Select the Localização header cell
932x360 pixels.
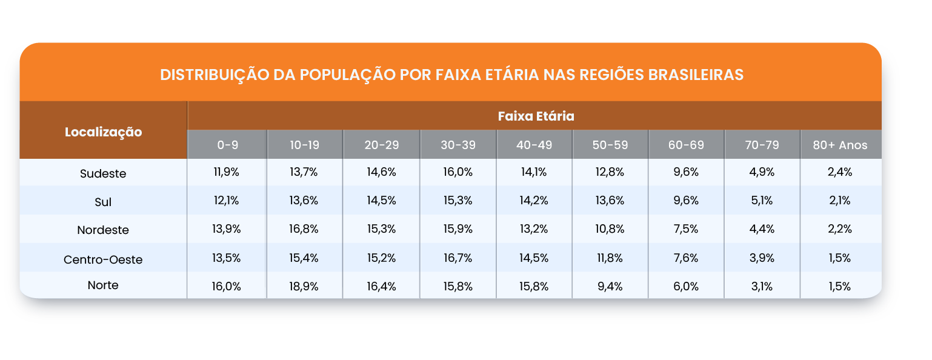pyautogui.click(x=103, y=132)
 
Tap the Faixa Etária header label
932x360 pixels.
pyautogui.click(x=536, y=115)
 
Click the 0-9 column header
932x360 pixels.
pyautogui.click(x=227, y=145)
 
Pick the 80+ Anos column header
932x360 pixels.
pyautogui.click(x=840, y=145)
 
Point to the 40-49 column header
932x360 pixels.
pyautogui.click(x=534, y=145)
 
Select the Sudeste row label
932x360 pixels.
pyautogui.click(x=103, y=173)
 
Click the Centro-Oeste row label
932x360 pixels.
pyautogui.click(x=103, y=259)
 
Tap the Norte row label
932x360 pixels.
pyautogui.click(x=103, y=285)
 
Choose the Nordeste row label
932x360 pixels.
pyautogui.click(x=103, y=230)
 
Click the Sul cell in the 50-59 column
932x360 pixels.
pyautogui.click(x=610, y=201)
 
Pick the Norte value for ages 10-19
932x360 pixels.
pyautogui.click(x=304, y=287)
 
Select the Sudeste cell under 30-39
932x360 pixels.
pyautogui.click(x=458, y=172)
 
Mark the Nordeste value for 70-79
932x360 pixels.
pyautogui.click(x=762, y=229)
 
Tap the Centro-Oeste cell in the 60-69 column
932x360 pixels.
pyautogui.click(x=686, y=258)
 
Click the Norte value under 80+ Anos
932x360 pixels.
pyautogui.click(x=840, y=287)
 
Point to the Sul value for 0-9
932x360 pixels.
pyautogui.click(x=227, y=201)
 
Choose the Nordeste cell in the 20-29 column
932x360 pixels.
pyautogui.click(x=381, y=229)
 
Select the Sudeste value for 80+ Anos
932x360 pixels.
pyautogui.click(x=840, y=172)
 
